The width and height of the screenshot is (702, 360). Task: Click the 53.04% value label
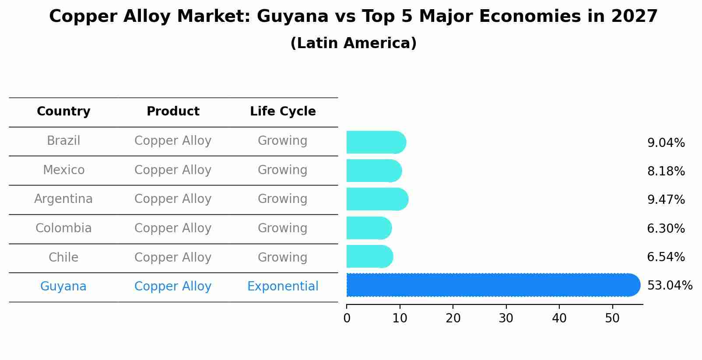(x=670, y=286)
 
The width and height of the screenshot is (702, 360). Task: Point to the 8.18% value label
(x=666, y=171)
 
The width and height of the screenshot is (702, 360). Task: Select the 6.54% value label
(x=666, y=257)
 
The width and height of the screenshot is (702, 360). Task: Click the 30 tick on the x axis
(x=506, y=318)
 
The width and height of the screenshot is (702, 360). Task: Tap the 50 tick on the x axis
(x=612, y=318)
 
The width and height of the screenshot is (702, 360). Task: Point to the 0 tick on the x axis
(x=347, y=318)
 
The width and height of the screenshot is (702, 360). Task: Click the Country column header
(x=63, y=112)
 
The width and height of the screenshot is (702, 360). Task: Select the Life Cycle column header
(x=283, y=112)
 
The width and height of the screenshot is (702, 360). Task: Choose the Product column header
(x=173, y=112)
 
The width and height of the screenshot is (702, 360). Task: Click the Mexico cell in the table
(x=63, y=170)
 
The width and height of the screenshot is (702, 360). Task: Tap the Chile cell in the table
(x=63, y=258)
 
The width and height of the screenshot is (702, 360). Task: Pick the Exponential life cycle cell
(x=283, y=287)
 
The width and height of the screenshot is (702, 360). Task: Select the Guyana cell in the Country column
(x=63, y=287)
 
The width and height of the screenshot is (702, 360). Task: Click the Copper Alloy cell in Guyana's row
(x=173, y=287)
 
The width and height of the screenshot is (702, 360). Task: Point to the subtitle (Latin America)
(x=353, y=43)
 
